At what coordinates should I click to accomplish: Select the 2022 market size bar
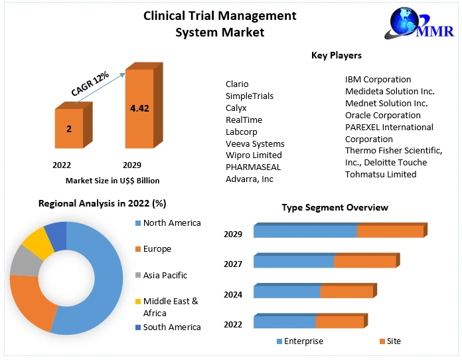pos(69,128)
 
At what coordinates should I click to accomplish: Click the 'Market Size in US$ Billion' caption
pos(112,180)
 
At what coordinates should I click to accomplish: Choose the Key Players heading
pos(337,55)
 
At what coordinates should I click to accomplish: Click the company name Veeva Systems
pos(255,143)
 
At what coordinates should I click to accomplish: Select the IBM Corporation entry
pos(378,80)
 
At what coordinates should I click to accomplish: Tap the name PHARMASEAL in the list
pos(253,167)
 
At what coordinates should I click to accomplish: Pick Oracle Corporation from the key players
pos(383,115)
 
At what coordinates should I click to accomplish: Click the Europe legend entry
pos(157,249)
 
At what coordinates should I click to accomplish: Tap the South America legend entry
pos(171,327)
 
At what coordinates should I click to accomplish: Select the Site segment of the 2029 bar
pos(390,232)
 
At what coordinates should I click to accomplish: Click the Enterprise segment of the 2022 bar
pos(284,323)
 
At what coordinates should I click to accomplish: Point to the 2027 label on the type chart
pos(233,264)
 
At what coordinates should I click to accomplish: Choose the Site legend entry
pos(394,341)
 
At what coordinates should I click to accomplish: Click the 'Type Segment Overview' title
pos(335,208)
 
